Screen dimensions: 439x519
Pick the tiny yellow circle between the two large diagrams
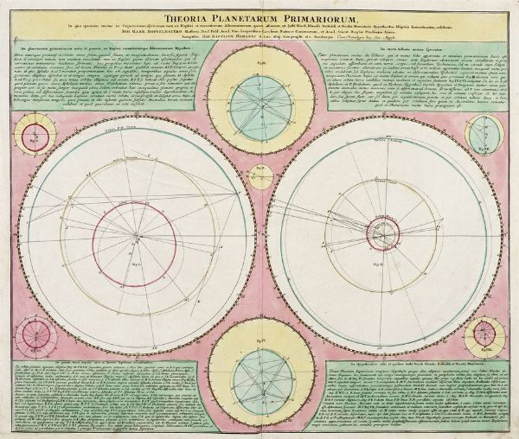tap(259, 176)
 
